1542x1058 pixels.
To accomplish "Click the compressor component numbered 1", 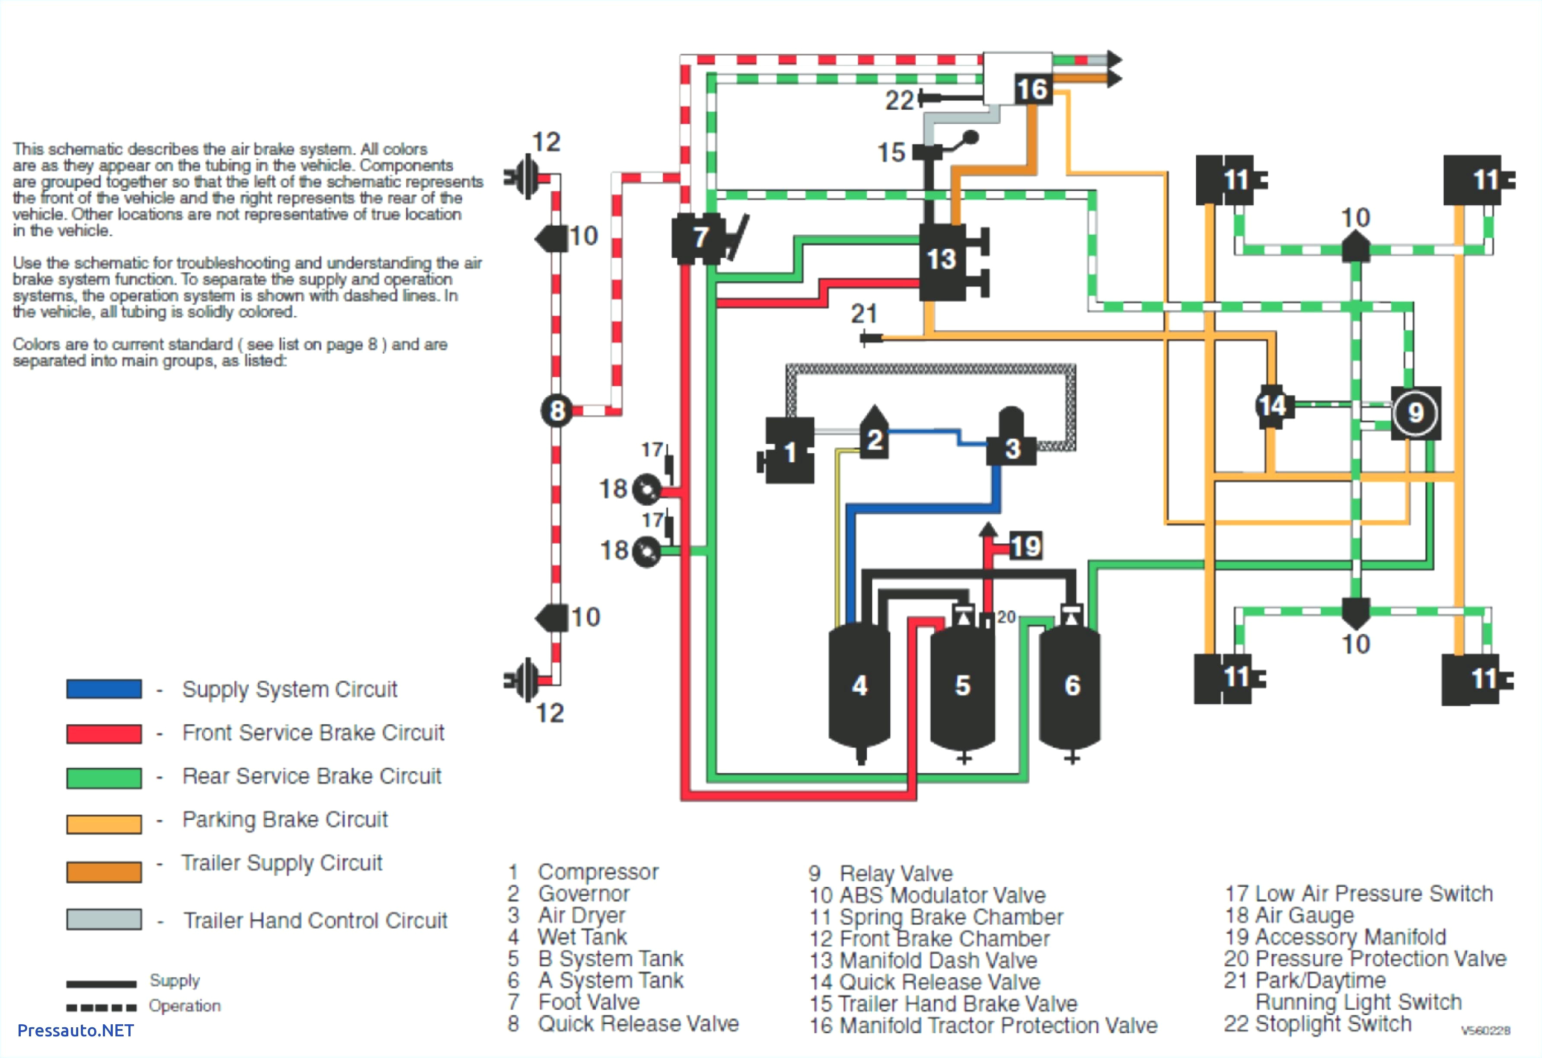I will (x=789, y=451).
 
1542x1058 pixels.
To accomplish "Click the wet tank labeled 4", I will (x=859, y=685).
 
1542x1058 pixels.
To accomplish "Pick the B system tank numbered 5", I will (x=962, y=685).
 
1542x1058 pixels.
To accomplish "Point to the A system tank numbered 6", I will (x=1071, y=685).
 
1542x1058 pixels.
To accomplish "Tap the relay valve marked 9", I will (x=1415, y=413).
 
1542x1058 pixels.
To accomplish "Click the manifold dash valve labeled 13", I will (x=942, y=260).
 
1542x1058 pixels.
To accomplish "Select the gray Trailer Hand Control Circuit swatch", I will (x=103, y=919).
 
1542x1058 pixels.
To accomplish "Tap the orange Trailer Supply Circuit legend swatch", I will (x=103, y=872).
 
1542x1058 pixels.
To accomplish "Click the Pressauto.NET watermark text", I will (x=76, y=1030).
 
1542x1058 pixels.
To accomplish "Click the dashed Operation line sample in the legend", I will (x=101, y=1007).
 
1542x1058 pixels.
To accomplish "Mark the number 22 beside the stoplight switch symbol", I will (x=899, y=100).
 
